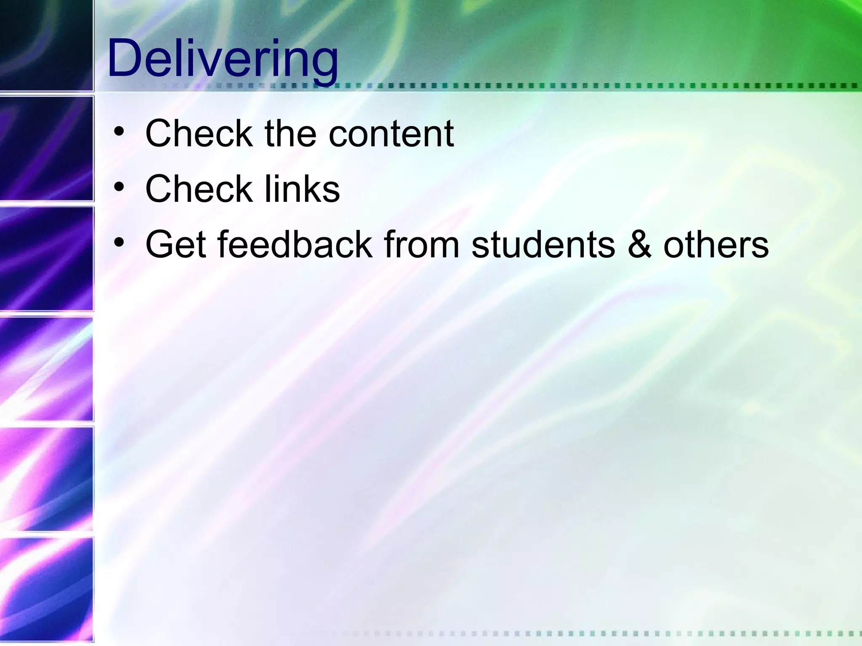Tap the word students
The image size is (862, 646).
coord(543,245)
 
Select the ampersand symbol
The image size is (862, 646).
coord(639,245)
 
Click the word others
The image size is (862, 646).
coord(716,245)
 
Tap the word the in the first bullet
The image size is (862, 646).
coord(290,134)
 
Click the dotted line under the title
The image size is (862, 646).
coord(547,86)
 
